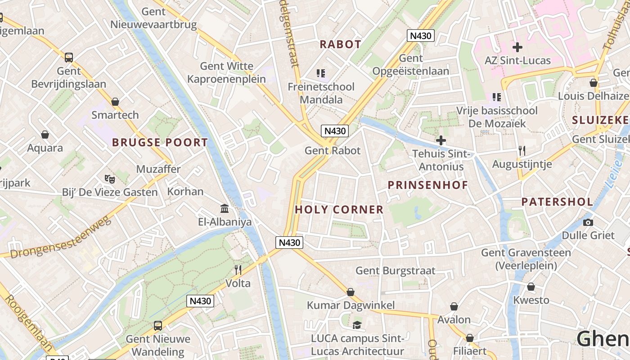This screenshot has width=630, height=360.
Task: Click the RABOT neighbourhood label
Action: (340, 44)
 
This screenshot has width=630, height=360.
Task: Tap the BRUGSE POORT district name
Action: (160, 143)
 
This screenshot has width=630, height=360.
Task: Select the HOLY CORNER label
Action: (339, 209)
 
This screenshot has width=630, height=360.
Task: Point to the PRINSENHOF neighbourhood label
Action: (427, 185)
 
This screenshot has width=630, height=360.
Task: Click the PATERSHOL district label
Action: (557, 202)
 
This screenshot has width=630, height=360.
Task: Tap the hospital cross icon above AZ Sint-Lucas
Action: (517, 47)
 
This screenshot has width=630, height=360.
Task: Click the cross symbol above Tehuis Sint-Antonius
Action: (441, 140)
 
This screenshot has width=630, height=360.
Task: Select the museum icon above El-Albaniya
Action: (225, 208)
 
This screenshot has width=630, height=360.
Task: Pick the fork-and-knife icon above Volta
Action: (238, 270)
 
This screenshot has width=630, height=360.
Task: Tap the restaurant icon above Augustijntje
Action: (522, 151)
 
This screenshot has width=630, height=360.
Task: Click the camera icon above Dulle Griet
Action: (588, 222)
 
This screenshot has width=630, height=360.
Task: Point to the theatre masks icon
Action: (110, 179)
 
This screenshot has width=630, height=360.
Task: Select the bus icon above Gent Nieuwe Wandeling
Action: (157, 325)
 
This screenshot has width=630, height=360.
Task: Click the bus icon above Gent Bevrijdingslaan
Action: (68, 58)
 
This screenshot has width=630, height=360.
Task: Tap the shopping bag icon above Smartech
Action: (115, 102)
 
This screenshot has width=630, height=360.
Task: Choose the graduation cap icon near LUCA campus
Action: (357, 325)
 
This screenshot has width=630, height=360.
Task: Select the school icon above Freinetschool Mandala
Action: (321, 73)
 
